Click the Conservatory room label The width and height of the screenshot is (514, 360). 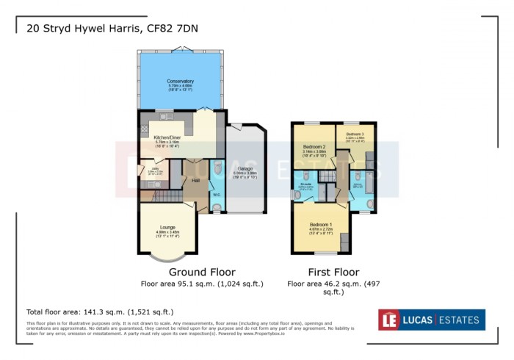pyautogui.click(x=180, y=81)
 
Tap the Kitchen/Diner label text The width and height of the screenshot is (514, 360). pyautogui.click(x=167, y=137)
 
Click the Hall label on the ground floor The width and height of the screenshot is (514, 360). pyautogui.click(x=196, y=180)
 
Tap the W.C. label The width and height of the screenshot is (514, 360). pyautogui.click(x=216, y=195)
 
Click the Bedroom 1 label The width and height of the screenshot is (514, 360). pyautogui.click(x=321, y=224)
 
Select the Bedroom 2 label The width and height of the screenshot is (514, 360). pyautogui.click(x=314, y=147)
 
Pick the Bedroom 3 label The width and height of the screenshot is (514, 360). pyautogui.click(x=356, y=134)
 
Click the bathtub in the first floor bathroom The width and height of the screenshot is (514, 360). pyautogui.click(x=371, y=184)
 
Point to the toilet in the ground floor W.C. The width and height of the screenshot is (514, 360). pyautogui.click(x=216, y=206)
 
